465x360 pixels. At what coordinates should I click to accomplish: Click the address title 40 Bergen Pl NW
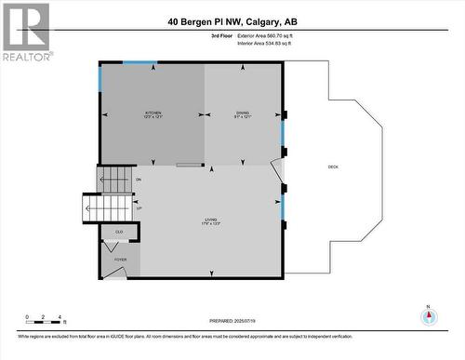click(233, 21)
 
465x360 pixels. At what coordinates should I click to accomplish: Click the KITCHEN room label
click(153, 113)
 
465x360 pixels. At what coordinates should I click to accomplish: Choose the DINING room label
click(243, 113)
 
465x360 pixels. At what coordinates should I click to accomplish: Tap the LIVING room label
click(210, 222)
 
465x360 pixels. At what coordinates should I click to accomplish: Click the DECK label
click(333, 167)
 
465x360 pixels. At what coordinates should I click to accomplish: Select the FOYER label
click(121, 260)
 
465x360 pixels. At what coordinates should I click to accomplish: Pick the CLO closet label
click(119, 232)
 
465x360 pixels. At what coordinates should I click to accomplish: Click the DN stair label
click(139, 179)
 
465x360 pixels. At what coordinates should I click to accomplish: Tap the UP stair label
click(139, 208)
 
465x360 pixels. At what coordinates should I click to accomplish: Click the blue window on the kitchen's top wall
click(139, 62)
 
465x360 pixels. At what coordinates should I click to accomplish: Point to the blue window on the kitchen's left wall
click(100, 78)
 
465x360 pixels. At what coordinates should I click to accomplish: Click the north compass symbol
click(428, 316)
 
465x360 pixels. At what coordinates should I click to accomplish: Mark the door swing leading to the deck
click(277, 173)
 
